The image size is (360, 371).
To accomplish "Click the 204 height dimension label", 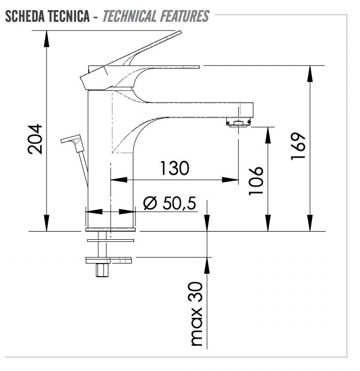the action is tap(35, 139).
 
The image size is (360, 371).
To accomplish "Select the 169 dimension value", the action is tap(298, 146).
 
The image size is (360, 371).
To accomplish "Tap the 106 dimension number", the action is tap(256, 181).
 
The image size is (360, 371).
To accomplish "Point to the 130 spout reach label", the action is tap(174, 168).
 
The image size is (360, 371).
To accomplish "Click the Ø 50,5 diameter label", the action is tap(170, 203).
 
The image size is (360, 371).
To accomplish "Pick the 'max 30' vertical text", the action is tap(197, 314).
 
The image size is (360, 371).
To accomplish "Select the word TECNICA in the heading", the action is tap(68, 16).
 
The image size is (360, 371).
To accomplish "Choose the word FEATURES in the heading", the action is tap(185, 16).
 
